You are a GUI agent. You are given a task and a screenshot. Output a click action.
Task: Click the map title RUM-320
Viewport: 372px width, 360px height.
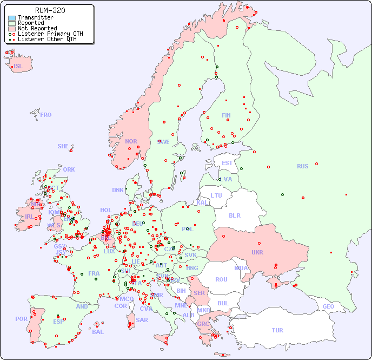point(50,10)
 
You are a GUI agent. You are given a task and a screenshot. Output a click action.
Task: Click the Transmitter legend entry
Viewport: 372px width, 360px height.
point(35,18)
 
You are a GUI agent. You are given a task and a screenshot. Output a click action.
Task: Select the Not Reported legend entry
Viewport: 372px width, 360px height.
point(37,28)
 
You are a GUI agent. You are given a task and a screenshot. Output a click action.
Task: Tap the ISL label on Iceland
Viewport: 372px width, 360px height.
point(18,67)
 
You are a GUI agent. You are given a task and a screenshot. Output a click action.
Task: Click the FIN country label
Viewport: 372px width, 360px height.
point(226,115)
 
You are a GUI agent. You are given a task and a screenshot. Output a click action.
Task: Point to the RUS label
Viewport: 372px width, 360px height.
point(302,166)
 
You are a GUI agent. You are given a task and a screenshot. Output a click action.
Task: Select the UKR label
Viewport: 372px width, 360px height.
point(257,252)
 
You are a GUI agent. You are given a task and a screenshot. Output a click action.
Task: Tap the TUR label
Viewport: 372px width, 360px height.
point(277,330)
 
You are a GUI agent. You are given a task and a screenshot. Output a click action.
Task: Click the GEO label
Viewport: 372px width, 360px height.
point(328,306)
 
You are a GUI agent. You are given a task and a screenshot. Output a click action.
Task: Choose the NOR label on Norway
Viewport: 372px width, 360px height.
point(131,141)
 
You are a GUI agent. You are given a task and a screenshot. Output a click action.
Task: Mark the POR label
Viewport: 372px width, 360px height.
point(21,319)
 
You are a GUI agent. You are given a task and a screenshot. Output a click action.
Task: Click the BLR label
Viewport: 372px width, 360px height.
point(234,215)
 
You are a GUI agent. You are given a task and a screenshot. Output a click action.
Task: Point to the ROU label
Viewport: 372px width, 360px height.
point(221,279)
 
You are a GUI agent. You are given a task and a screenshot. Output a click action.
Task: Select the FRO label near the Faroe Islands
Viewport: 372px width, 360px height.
point(46,115)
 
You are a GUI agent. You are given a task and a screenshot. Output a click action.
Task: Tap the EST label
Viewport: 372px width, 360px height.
point(227,163)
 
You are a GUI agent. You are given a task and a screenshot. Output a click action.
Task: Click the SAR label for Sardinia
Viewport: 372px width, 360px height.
point(142,320)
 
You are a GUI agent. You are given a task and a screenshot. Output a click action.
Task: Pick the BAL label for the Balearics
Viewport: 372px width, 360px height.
point(97,332)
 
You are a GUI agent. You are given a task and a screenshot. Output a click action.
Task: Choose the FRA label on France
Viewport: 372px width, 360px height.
point(94,273)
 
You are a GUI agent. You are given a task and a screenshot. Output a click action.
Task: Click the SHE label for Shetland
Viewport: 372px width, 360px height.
point(63,146)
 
